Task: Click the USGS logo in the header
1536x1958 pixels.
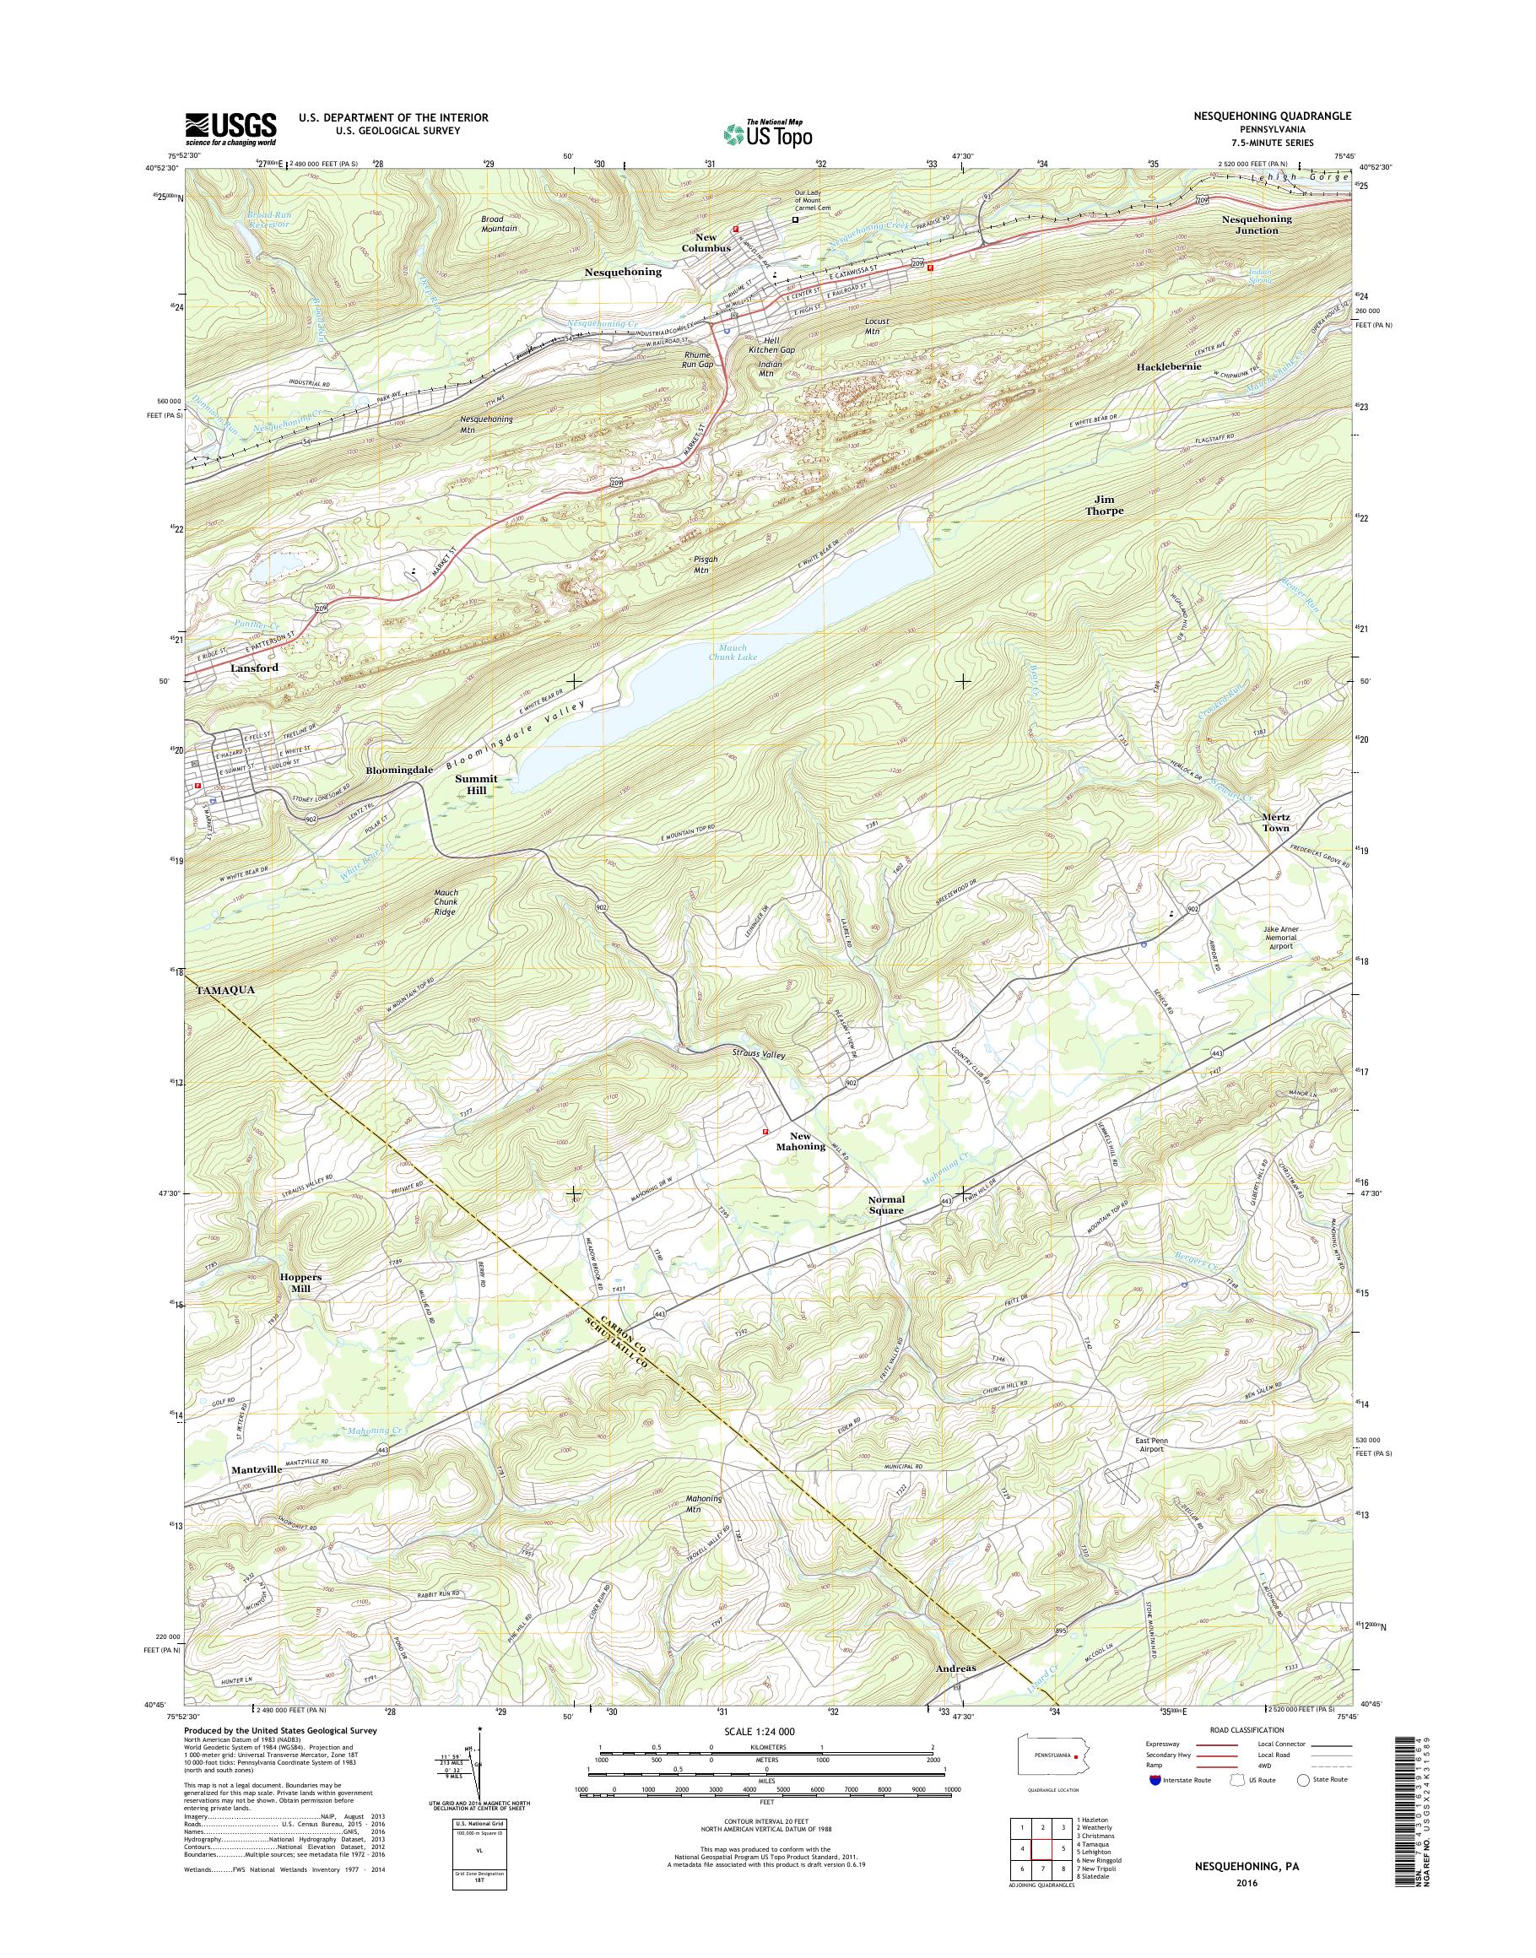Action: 230,128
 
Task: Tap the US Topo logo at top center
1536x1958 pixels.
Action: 768,133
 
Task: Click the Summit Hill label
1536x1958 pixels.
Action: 476,784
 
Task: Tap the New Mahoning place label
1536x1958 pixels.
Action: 800,1141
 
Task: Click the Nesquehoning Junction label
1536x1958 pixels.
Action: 1257,224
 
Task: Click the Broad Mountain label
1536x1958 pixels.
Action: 499,224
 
